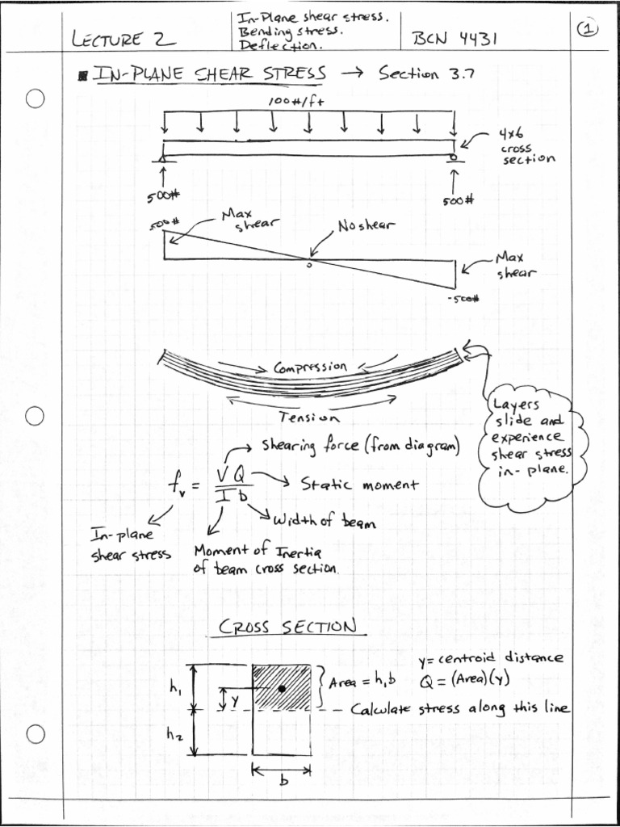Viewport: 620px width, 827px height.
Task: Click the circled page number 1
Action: (x=587, y=28)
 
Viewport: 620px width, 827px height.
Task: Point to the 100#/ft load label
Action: (x=296, y=101)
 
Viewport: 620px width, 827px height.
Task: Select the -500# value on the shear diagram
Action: (x=463, y=299)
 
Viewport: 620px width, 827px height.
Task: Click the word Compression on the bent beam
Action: (x=311, y=367)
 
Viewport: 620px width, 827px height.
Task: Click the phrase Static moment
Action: (x=360, y=485)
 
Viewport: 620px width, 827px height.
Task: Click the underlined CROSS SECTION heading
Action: (x=287, y=627)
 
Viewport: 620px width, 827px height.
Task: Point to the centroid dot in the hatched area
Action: (x=282, y=688)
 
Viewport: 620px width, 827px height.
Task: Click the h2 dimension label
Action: (x=175, y=735)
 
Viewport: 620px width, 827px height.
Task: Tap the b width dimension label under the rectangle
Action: (x=283, y=781)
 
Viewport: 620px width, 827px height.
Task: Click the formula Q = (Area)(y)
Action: (x=464, y=679)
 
